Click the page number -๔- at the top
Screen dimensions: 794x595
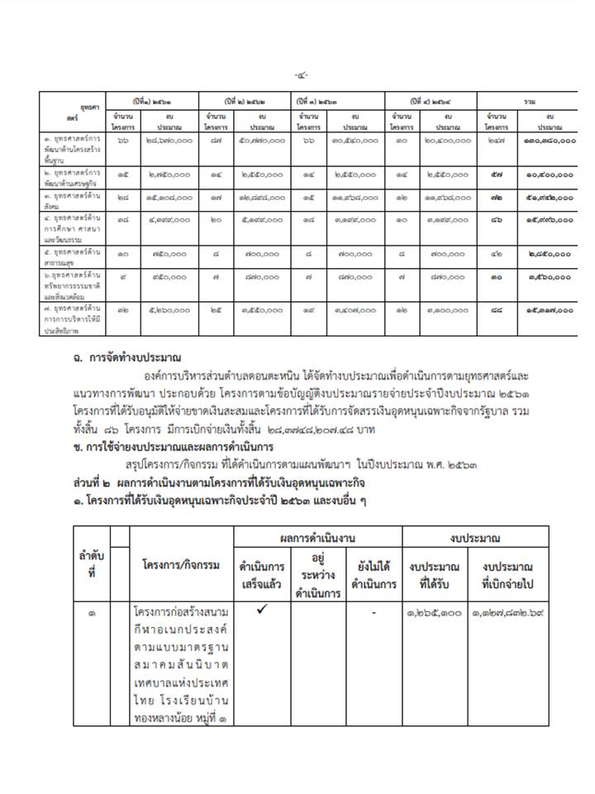[301, 75]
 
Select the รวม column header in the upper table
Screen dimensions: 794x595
[529, 101]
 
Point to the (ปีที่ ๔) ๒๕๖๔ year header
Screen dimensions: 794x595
[430, 101]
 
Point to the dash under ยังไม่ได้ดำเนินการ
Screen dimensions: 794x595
[374, 613]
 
